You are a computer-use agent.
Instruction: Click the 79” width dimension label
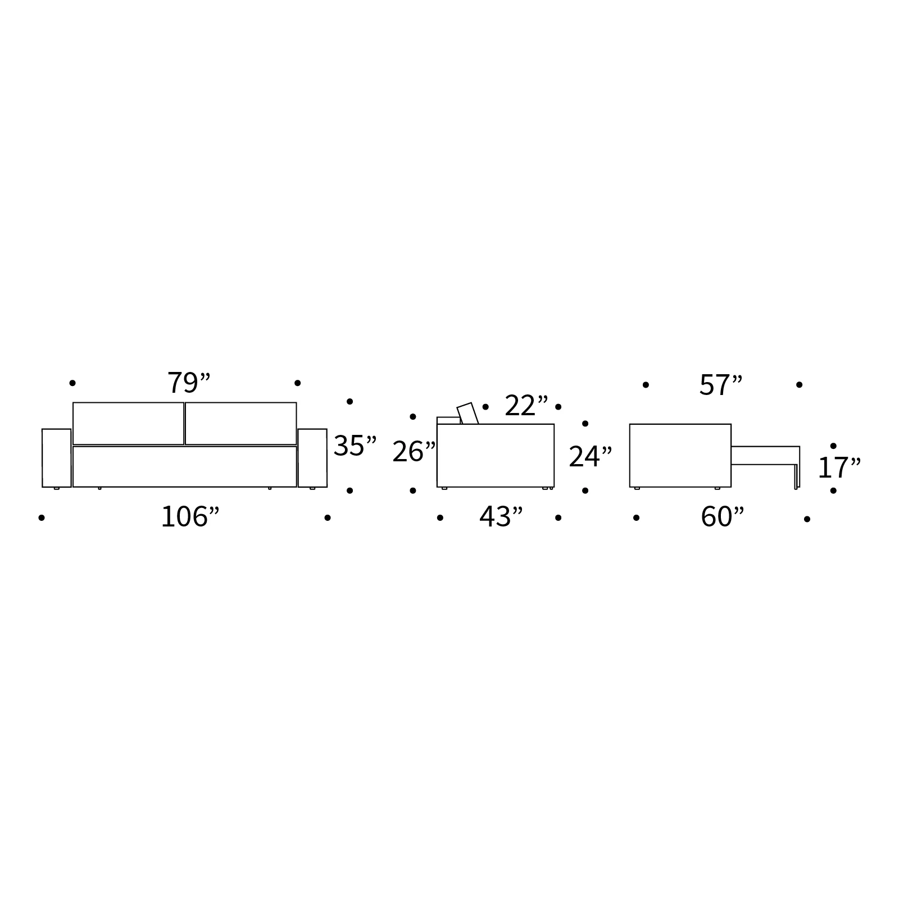[x=189, y=383]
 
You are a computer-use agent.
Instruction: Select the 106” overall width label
[x=190, y=517]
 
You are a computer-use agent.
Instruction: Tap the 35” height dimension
[x=355, y=446]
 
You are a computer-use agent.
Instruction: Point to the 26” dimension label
[x=414, y=452]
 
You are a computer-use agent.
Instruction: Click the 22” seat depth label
[x=526, y=406]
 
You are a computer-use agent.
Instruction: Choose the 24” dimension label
[x=591, y=457]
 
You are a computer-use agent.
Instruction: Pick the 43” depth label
[x=501, y=517]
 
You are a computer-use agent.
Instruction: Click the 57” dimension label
[x=721, y=385]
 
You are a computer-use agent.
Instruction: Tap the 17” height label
[x=839, y=468]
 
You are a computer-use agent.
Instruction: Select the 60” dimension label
[x=723, y=517]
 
